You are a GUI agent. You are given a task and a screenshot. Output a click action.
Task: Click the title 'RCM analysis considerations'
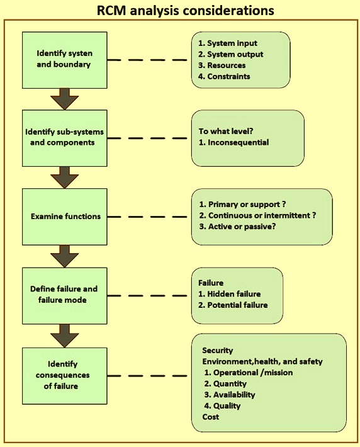click(x=185, y=11)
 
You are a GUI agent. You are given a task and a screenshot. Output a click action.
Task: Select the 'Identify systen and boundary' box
click(x=65, y=60)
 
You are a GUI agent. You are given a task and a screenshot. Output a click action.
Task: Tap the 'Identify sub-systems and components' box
click(x=65, y=139)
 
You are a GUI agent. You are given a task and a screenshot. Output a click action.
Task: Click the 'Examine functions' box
click(x=65, y=217)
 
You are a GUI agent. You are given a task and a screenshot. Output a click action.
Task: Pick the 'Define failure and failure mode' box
click(x=65, y=296)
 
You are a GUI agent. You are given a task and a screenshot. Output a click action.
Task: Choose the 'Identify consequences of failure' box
click(x=65, y=376)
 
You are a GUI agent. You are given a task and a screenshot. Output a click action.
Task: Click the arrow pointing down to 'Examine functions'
click(x=65, y=178)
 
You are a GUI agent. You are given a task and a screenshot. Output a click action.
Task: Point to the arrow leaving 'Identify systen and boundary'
click(x=65, y=99)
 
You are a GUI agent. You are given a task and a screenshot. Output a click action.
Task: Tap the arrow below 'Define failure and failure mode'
click(x=65, y=336)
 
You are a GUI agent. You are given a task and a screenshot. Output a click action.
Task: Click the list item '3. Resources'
click(x=222, y=65)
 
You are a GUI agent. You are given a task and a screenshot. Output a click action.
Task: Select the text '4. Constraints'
click(x=224, y=76)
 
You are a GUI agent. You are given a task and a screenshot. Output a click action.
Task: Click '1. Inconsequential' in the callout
click(x=233, y=142)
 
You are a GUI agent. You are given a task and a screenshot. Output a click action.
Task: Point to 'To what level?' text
click(x=226, y=131)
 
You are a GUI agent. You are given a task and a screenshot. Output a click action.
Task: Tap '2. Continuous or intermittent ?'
click(x=257, y=215)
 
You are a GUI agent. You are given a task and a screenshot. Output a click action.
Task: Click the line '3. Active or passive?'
click(x=237, y=227)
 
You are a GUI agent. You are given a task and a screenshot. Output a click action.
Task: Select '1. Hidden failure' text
click(x=230, y=294)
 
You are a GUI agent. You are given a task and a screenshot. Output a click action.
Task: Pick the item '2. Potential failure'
click(x=233, y=305)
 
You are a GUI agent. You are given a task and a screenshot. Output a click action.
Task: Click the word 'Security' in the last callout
click(x=218, y=350)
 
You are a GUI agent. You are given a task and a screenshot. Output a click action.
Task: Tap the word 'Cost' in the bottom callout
click(x=211, y=417)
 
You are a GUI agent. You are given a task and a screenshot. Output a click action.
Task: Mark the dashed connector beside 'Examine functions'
click(x=147, y=217)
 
